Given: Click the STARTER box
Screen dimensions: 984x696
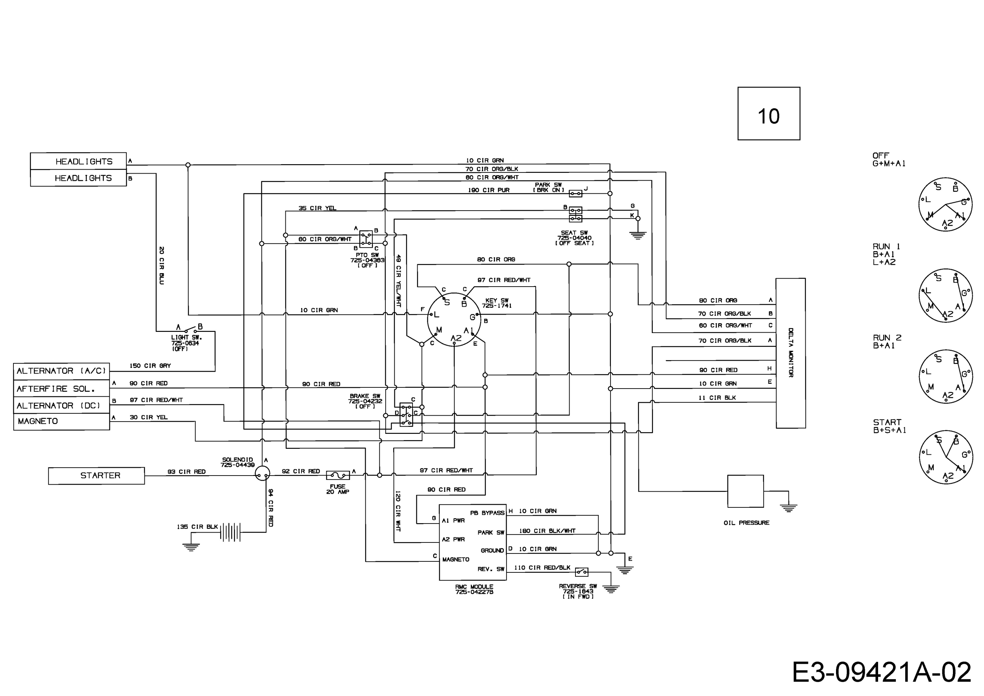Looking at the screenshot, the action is [96, 476].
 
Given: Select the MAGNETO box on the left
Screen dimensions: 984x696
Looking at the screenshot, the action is [61, 422].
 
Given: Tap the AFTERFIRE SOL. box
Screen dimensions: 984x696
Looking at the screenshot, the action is [61, 389].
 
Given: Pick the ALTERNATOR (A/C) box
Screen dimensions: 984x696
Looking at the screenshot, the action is [61, 371].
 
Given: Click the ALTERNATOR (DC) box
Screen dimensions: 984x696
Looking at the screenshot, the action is [61, 405].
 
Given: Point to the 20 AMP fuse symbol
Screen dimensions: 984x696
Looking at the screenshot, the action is [338, 475].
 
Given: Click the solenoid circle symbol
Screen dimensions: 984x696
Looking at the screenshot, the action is [262, 474].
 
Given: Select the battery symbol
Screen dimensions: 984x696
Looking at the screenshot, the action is [231, 532].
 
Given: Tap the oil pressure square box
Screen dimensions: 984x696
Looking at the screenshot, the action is [746, 491].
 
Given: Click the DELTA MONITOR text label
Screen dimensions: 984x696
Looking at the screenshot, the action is [791, 353].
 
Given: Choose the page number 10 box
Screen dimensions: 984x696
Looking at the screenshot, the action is [769, 113].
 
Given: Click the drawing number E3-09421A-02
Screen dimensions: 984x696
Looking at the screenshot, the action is [882, 672].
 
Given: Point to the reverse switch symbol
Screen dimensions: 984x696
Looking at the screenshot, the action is [582, 572].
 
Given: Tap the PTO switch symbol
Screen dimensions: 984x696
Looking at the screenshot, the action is [366, 239].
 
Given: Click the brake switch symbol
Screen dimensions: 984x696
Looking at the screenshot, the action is [406, 415].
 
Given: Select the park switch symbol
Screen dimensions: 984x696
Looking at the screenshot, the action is [575, 194].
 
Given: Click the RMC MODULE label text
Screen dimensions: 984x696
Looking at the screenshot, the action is [474, 590].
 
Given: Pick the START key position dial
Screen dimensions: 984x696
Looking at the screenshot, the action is [945, 458].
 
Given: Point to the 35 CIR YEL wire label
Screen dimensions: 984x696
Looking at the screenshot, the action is [318, 208].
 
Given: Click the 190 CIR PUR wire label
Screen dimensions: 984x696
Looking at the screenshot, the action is [489, 190].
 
